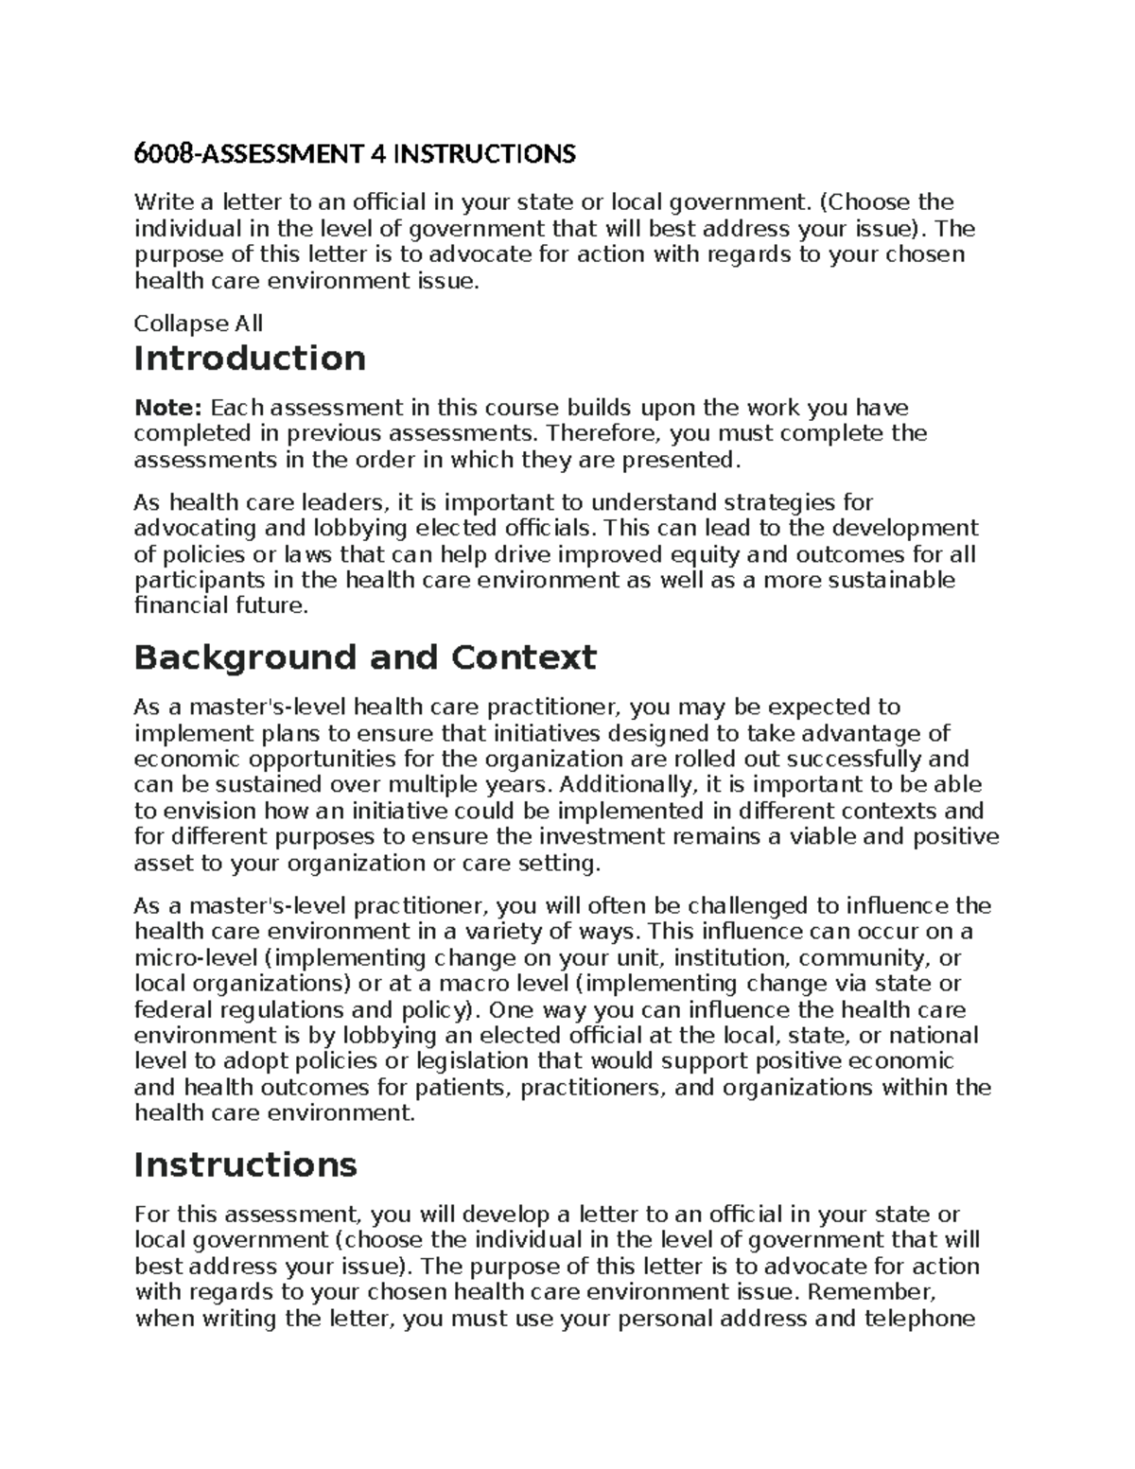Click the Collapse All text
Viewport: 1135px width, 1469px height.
[x=199, y=324]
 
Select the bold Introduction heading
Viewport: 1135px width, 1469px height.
[x=250, y=359]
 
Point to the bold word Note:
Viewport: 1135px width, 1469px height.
[x=167, y=408]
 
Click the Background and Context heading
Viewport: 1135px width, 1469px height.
[x=365, y=656]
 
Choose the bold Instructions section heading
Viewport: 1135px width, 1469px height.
[x=245, y=1163]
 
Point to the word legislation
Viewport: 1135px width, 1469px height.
[x=470, y=1061]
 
